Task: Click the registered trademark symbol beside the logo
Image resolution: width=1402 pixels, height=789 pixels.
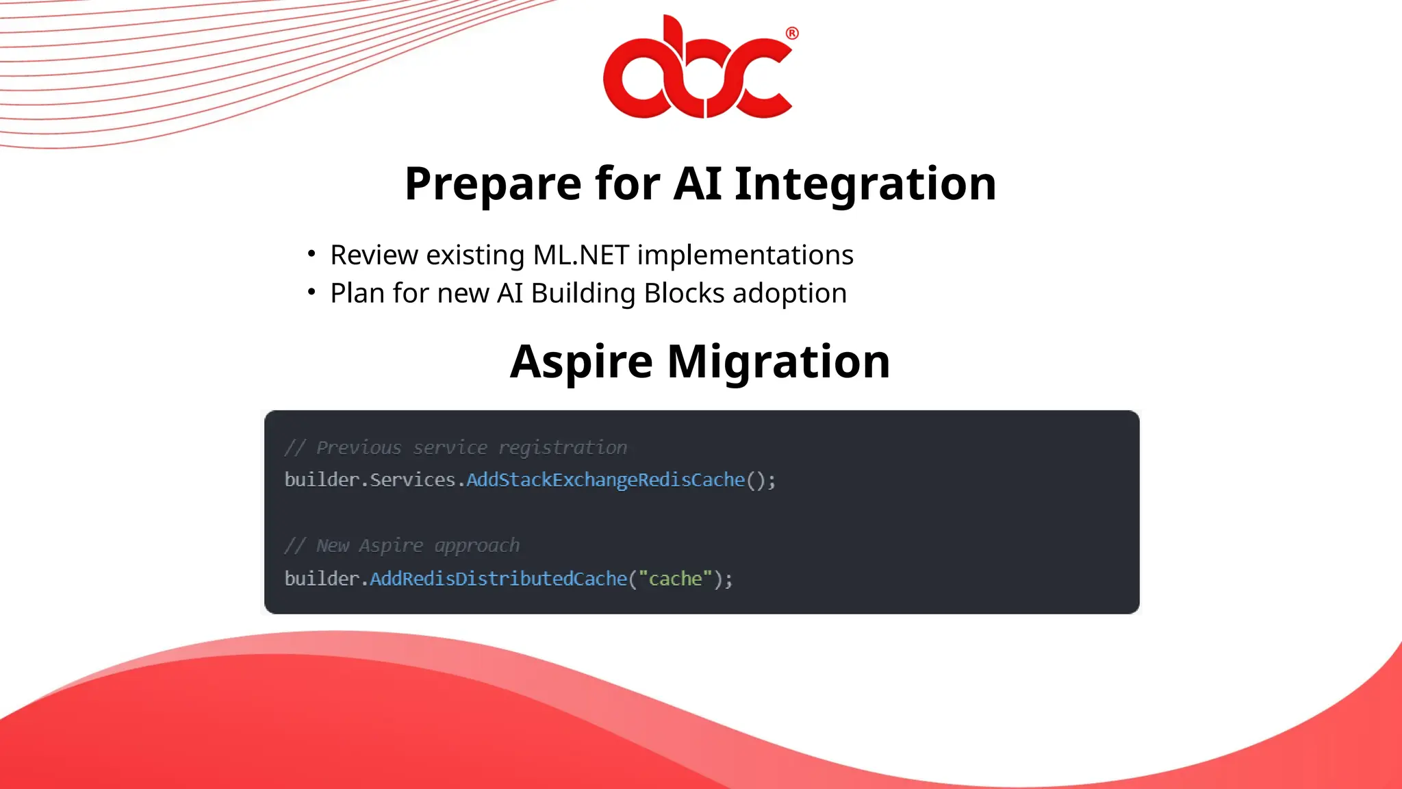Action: [792, 34]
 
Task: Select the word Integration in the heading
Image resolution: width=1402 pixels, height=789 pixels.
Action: [865, 184]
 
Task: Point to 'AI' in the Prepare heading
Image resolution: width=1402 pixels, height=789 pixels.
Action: [698, 184]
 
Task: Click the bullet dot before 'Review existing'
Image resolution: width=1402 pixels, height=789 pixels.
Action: [311, 254]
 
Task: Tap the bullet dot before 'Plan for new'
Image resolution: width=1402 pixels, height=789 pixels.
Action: [311, 292]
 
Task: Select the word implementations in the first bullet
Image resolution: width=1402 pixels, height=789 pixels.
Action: [745, 255]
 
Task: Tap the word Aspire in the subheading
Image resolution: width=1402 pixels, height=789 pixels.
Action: [581, 362]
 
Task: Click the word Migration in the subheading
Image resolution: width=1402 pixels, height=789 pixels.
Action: [778, 362]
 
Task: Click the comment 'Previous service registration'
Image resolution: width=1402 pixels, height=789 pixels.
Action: [456, 448]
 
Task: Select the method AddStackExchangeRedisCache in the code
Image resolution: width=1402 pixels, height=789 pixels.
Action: [605, 480]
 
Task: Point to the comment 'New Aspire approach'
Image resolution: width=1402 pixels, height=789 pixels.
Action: [403, 546]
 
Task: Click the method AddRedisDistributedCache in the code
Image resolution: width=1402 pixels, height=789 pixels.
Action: [498, 579]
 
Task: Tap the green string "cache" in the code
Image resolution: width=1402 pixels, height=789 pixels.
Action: [675, 579]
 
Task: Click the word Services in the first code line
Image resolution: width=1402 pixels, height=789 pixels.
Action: [412, 480]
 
